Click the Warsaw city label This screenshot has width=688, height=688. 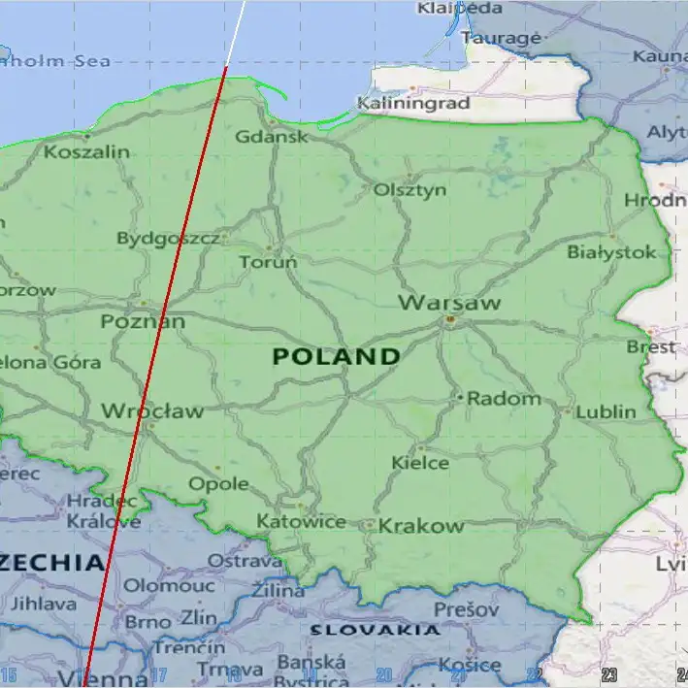pyautogui.click(x=449, y=303)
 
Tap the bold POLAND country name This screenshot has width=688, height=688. pyautogui.click(x=336, y=356)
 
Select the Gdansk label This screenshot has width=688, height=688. pyautogui.click(x=272, y=137)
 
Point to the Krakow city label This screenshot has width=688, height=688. pyautogui.click(x=421, y=526)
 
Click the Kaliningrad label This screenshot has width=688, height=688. pyautogui.click(x=413, y=103)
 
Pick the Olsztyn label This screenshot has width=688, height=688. pyautogui.click(x=410, y=189)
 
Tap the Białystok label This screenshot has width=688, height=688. pyautogui.click(x=611, y=252)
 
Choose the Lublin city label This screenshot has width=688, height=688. pyautogui.click(x=606, y=411)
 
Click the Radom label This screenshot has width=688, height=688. pyautogui.click(x=504, y=398)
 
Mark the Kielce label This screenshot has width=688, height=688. pyautogui.click(x=420, y=463)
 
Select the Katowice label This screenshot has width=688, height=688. pyautogui.click(x=301, y=522)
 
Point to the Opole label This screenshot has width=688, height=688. pyautogui.click(x=218, y=483)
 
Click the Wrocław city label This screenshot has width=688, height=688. pyautogui.click(x=152, y=411)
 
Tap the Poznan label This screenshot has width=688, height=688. pyautogui.click(x=143, y=321)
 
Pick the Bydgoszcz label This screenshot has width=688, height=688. pyautogui.click(x=168, y=239)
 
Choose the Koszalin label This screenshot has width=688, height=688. pyautogui.click(x=86, y=152)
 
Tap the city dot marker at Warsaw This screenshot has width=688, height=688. pyautogui.click(x=450, y=319)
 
